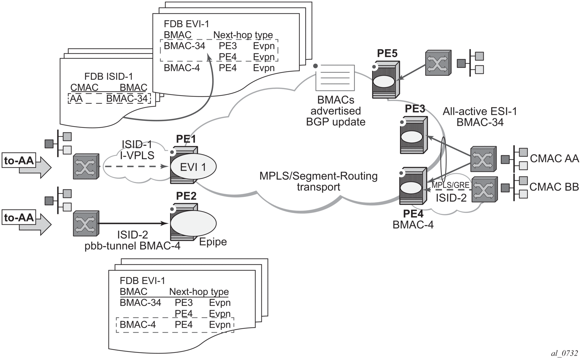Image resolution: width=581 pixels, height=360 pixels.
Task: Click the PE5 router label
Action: tap(387, 53)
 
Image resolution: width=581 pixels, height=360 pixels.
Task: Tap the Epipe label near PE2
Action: tap(213, 242)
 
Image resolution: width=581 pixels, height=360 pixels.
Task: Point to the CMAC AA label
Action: tap(554, 158)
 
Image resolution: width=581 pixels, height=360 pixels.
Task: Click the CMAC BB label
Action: tap(554, 187)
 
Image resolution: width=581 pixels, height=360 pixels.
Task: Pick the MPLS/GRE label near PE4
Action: tap(450, 185)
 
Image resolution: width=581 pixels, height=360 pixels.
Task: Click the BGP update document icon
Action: tap(335, 77)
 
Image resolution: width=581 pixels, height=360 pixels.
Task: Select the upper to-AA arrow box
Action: tap(19, 161)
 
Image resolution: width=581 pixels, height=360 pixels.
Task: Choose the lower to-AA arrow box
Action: tap(19, 218)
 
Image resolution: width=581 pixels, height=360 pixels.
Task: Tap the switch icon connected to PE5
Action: tap(437, 63)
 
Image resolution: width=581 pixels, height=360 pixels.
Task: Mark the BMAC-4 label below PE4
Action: tap(413, 225)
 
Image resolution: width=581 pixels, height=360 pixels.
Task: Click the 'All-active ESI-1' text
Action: tap(479, 111)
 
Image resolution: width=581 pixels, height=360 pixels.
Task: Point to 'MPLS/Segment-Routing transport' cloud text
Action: tap(318, 181)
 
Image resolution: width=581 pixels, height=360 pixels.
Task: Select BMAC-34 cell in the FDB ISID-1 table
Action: tap(127, 98)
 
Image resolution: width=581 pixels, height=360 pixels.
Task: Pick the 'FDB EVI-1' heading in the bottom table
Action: tap(142, 281)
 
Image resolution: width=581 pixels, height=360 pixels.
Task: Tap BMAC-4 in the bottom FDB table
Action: tap(138, 324)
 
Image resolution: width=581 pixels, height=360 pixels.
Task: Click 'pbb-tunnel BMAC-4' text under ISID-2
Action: tap(132, 246)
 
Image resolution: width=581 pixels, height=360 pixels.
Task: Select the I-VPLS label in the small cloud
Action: tap(137, 155)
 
